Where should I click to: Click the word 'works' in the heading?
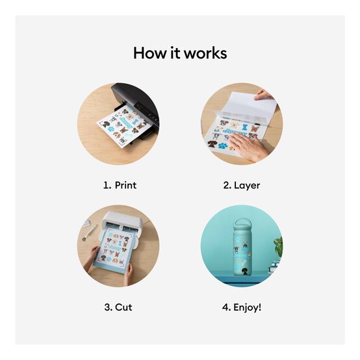pos(205,53)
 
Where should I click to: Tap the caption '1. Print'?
pos(120,185)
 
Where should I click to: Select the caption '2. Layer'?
pos(241,185)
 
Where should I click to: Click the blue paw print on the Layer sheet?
pos(223,146)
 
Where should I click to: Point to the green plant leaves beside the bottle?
pos(278,246)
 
